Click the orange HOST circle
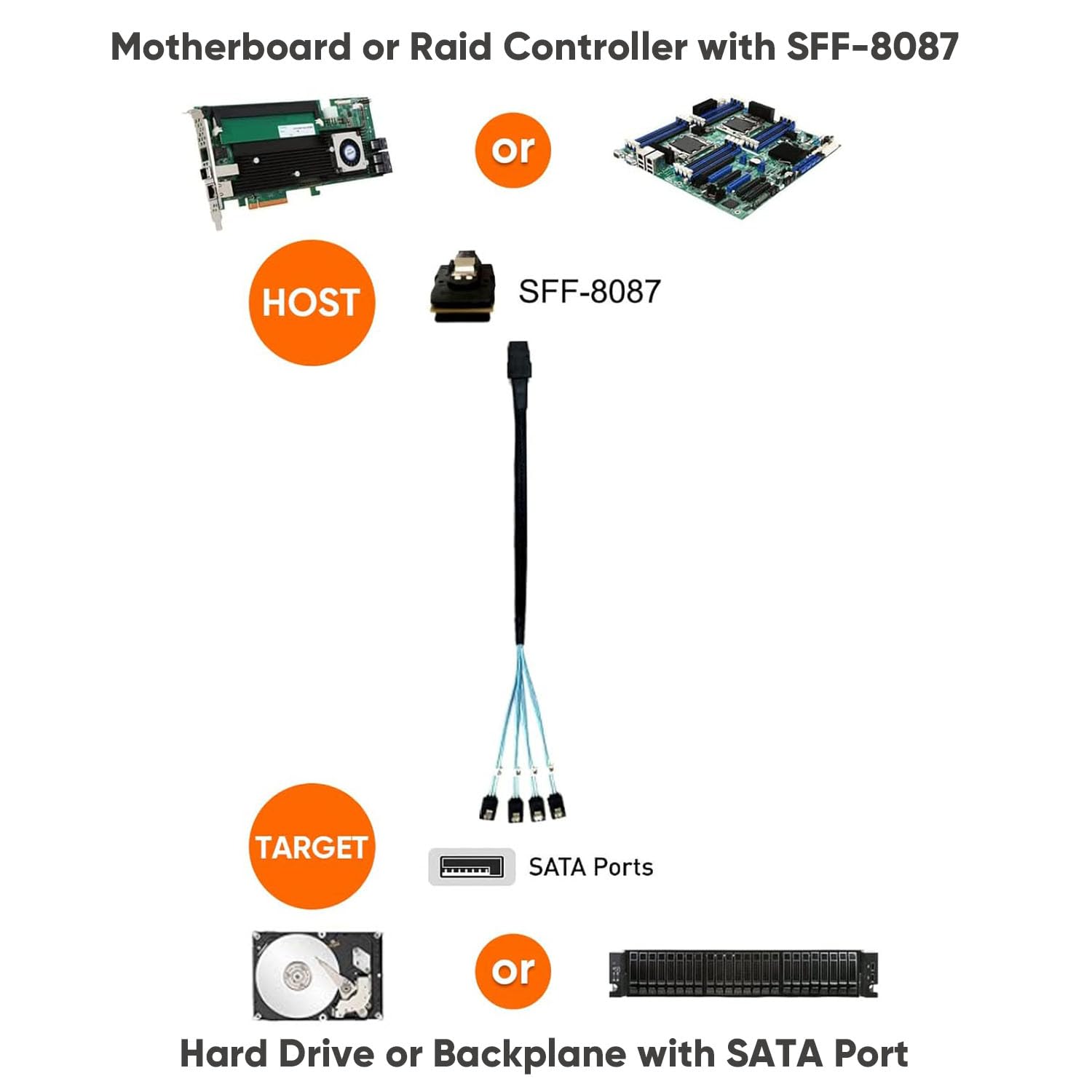coord(312,302)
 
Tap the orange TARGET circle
coord(312,846)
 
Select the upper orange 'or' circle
coord(513,150)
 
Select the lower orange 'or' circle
coord(513,971)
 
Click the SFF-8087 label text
coord(589,292)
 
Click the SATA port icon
coord(471,867)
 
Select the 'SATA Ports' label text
coord(590,867)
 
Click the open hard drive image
coord(317,976)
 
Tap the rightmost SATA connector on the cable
coord(558,804)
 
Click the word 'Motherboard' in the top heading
coord(231,47)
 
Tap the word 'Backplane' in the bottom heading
coord(529,1053)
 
